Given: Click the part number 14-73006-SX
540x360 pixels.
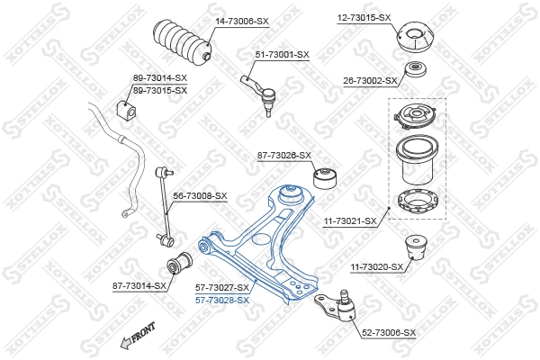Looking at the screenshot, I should coord(241,20).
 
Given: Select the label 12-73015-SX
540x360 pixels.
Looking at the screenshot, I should coord(364,17).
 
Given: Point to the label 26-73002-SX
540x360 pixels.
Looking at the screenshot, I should coord(370,81).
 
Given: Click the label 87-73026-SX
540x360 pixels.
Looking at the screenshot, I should coord(283,156).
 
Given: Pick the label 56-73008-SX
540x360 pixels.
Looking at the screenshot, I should coord(200,195).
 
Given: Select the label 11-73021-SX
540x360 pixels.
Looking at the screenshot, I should coord(350,220).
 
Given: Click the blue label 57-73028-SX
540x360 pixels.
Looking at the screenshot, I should coord(221,300).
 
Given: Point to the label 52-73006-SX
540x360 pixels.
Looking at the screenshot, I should coord(389,333).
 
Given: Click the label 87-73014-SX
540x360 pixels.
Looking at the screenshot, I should coord(139,285).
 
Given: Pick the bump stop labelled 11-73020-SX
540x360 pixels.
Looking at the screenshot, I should coord(416,247).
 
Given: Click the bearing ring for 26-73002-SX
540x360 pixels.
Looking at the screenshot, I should coord(417,71).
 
